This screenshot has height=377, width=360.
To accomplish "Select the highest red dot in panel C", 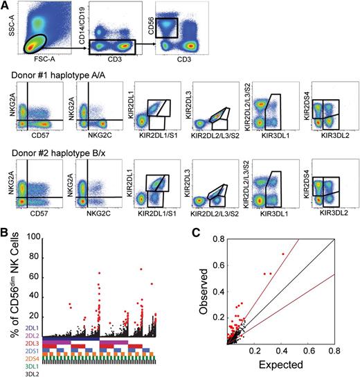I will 283,254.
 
